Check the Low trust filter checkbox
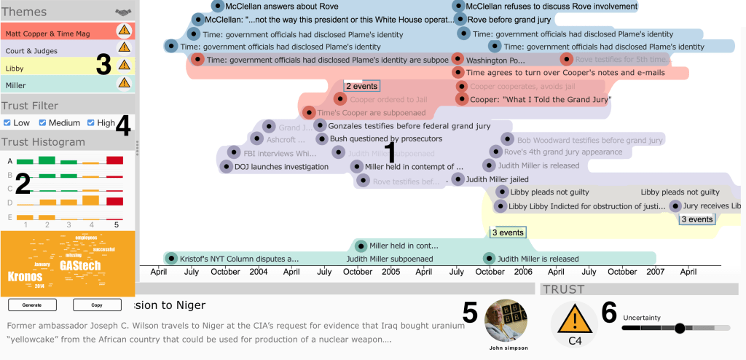click(x=7, y=122)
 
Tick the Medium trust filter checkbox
click(x=43, y=122)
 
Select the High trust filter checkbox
click(x=91, y=122)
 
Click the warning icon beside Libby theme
click(x=124, y=66)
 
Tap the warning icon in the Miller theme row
click(x=124, y=85)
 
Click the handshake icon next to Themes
click(x=124, y=12)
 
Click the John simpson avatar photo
click(x=506, y=321)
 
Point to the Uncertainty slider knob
click(x=680, y=329)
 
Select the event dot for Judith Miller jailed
click(x=458, y=179)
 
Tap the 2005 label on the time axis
click(x=391, y=271)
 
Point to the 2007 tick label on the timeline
click(x=655, y=271)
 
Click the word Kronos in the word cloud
click(x=25, y=277)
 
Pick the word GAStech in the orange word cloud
click(x=80, y=266)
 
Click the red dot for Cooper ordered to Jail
click(x=340, y=99)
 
